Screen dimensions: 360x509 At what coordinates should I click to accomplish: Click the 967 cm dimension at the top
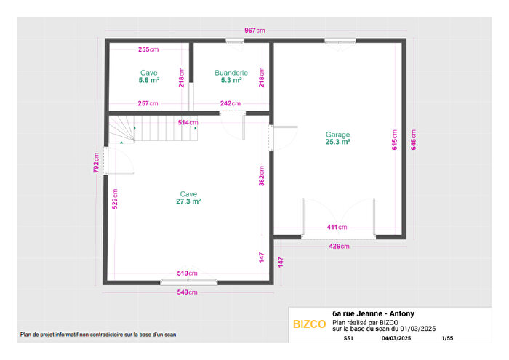(254, 31)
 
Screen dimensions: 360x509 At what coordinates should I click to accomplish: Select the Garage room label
(338, 135)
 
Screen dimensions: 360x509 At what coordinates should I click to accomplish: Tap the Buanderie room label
(231, 73)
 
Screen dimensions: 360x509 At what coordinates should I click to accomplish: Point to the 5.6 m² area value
(149, 81)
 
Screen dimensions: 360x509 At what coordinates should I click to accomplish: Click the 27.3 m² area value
(188, 201)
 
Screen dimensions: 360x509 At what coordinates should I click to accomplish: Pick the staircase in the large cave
(153, 130)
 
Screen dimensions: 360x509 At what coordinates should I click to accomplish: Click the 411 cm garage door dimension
(337, 228)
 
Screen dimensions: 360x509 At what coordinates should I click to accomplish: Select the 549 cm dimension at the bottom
(188, 292)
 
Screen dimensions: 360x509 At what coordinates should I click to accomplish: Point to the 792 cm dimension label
(95, 161)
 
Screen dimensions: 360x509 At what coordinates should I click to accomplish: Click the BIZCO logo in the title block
(309, 324)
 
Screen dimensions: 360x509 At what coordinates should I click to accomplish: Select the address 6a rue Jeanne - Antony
(373, 313)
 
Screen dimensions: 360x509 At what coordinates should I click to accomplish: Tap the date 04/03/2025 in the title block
(396, 338)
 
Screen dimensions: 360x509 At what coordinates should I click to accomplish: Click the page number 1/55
(447, 338)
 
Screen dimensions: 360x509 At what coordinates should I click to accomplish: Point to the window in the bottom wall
(189, 281)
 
